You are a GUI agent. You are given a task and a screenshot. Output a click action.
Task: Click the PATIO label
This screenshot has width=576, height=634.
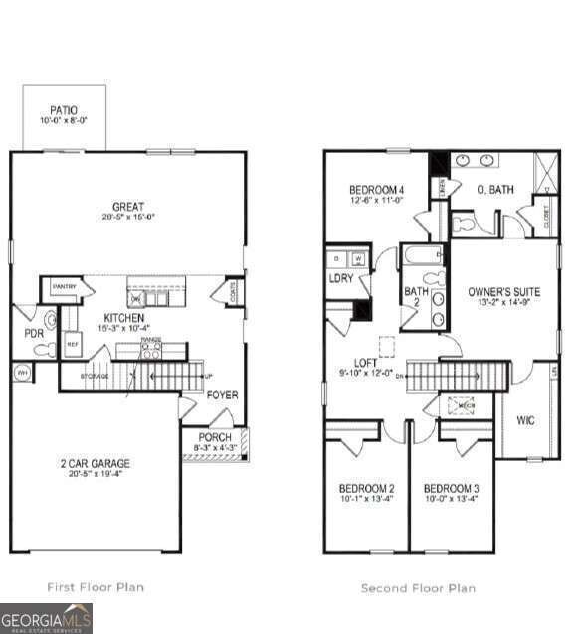point(63,110)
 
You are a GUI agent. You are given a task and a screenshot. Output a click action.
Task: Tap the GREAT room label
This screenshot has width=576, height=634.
point(127,207)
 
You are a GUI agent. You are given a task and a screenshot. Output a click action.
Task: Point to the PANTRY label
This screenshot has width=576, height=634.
point(65,287)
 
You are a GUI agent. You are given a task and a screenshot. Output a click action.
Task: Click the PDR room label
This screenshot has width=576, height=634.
point(34,334)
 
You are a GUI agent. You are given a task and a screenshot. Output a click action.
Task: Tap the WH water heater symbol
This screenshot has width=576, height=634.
point(21,373)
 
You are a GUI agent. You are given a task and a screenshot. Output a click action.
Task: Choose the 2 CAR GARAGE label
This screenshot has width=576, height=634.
point(95,463)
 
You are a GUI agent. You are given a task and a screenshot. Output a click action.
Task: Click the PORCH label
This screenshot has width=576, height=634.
point(215,437)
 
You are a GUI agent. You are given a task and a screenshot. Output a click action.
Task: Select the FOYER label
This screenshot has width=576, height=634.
point(222,395)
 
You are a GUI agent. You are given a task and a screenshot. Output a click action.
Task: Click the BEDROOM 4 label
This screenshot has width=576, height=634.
point(376,190)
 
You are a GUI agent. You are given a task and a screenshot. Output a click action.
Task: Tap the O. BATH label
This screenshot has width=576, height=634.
point(494,189)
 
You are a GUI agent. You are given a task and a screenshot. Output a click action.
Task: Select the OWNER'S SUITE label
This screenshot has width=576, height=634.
point(503,292)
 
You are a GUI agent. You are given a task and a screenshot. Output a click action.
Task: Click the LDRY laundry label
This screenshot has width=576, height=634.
point(341,278)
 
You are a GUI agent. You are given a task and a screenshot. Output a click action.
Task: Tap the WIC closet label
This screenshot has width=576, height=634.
point(525,420)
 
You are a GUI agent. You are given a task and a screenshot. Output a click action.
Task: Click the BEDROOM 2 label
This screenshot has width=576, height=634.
point(366,489)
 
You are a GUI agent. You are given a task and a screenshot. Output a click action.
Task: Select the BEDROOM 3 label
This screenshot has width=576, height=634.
point(451,489)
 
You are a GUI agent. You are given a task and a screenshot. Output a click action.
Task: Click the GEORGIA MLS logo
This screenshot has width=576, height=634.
point(46,617)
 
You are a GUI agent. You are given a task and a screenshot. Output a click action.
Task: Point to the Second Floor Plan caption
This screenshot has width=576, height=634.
point(418,588)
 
